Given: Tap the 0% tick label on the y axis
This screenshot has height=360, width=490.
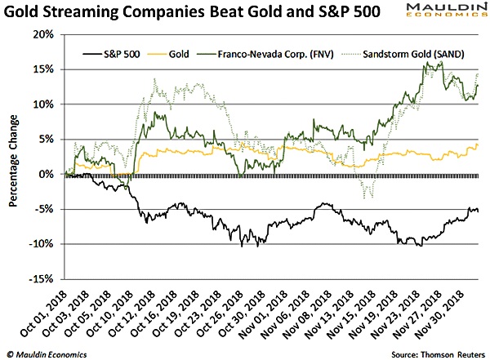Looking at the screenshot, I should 47,175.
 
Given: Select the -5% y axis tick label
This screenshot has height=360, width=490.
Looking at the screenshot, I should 45,209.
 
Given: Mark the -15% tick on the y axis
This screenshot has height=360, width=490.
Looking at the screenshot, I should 42,279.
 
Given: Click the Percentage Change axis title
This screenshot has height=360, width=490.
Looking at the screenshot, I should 14,157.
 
